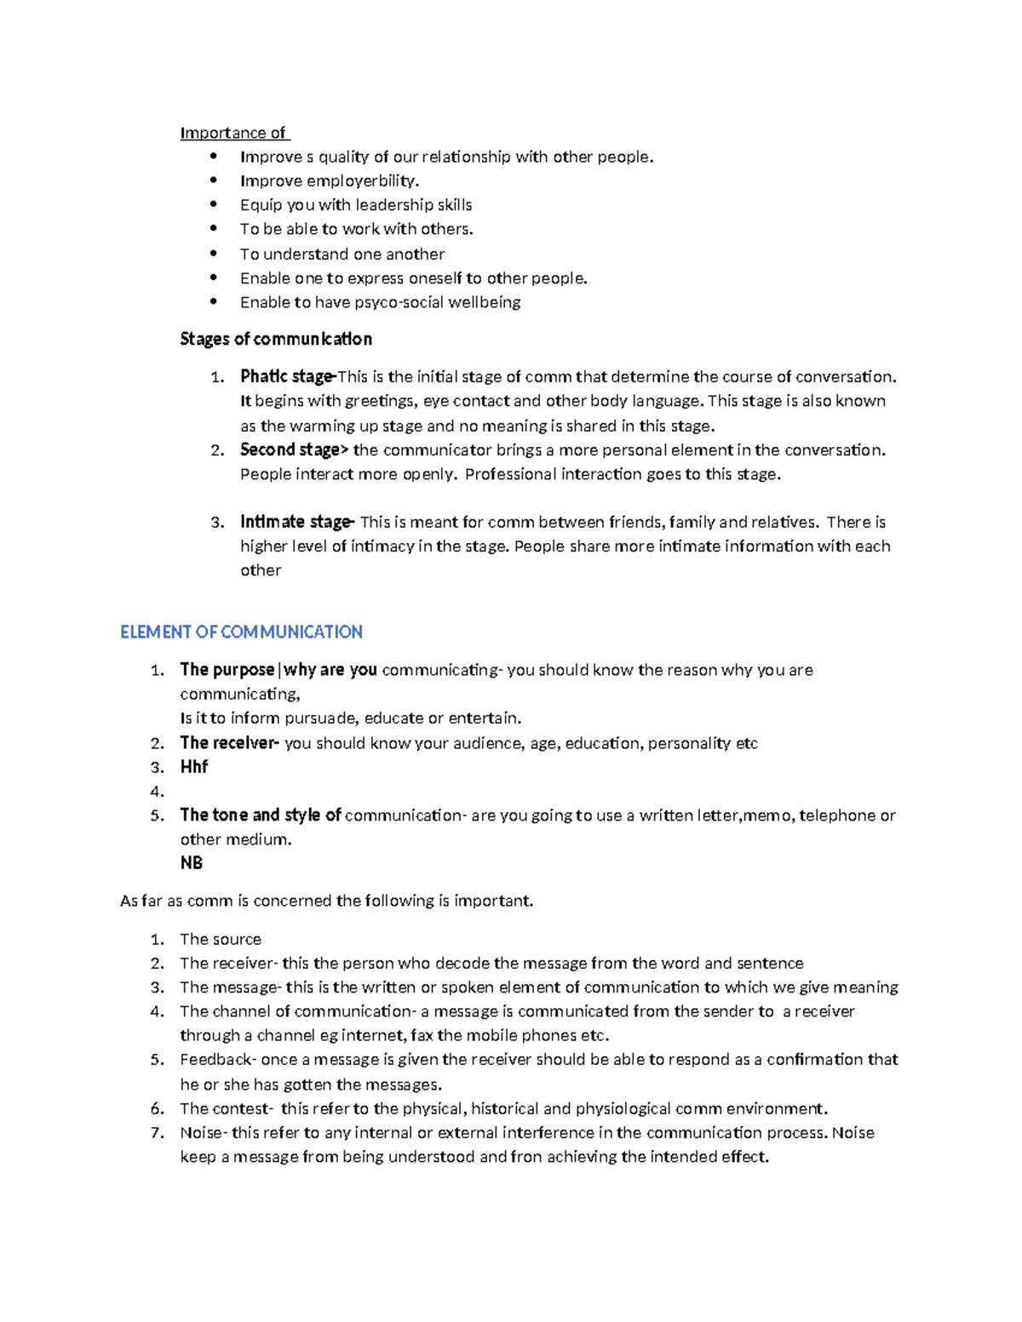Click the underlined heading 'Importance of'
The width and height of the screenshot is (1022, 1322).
[233, 133]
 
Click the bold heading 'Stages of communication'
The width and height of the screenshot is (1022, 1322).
[276, 339]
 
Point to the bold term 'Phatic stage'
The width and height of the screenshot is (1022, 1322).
[287, 376]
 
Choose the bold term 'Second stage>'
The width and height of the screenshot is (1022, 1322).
[294, 449]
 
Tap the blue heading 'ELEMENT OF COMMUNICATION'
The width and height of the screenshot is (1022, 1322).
[241, 632]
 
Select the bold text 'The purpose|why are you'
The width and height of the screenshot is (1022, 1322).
[278, 670]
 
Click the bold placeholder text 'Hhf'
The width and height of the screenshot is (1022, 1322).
[194, 767]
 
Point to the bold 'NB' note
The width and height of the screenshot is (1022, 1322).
[192, 863]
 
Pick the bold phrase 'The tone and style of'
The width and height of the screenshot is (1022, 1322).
[261, 816]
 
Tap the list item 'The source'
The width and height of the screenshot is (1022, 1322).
[221, 940]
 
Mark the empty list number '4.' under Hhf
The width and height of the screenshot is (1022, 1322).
[157, 792]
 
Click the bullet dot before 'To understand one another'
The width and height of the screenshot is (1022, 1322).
[214, 254]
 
